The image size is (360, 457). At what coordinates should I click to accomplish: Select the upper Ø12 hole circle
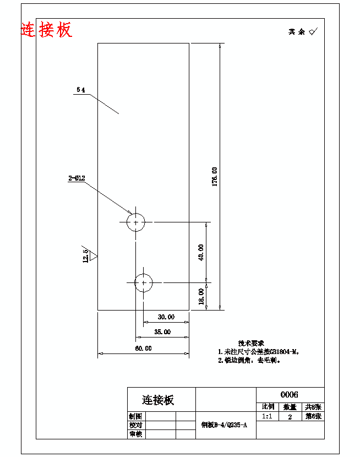click(x=135, y=222)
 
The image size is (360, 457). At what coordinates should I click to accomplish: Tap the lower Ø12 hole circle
click(x=143, y=282)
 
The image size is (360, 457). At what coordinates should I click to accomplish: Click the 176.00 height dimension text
click(x=215, y=177)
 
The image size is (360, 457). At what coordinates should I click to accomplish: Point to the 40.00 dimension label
click(x=201, y=252)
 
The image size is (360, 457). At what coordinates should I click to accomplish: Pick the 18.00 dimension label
click(x=201, y=296)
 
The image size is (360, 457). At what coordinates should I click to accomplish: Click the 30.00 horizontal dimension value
click(x=166, y=317)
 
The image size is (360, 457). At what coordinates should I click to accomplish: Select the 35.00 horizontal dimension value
click(x=162, y=332)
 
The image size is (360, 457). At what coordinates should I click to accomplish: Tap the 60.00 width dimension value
click(x=143, y=349)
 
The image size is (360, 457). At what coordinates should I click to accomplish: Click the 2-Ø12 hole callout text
click(x=77, y=178)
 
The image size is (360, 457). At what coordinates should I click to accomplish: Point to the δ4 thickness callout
click(x=81, y=90)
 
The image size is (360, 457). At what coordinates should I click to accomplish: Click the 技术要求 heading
click(x=251, y=342)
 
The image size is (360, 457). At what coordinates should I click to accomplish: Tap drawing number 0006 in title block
click(x=290, y=394)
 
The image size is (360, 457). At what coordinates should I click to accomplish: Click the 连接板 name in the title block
click(x=158, y=400)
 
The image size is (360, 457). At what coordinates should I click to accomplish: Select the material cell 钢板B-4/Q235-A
click(x=225, y=425)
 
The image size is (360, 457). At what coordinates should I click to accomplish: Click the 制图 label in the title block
click(x=135, y=416)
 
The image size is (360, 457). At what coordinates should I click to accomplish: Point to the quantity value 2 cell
click(x=290, y=417)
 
